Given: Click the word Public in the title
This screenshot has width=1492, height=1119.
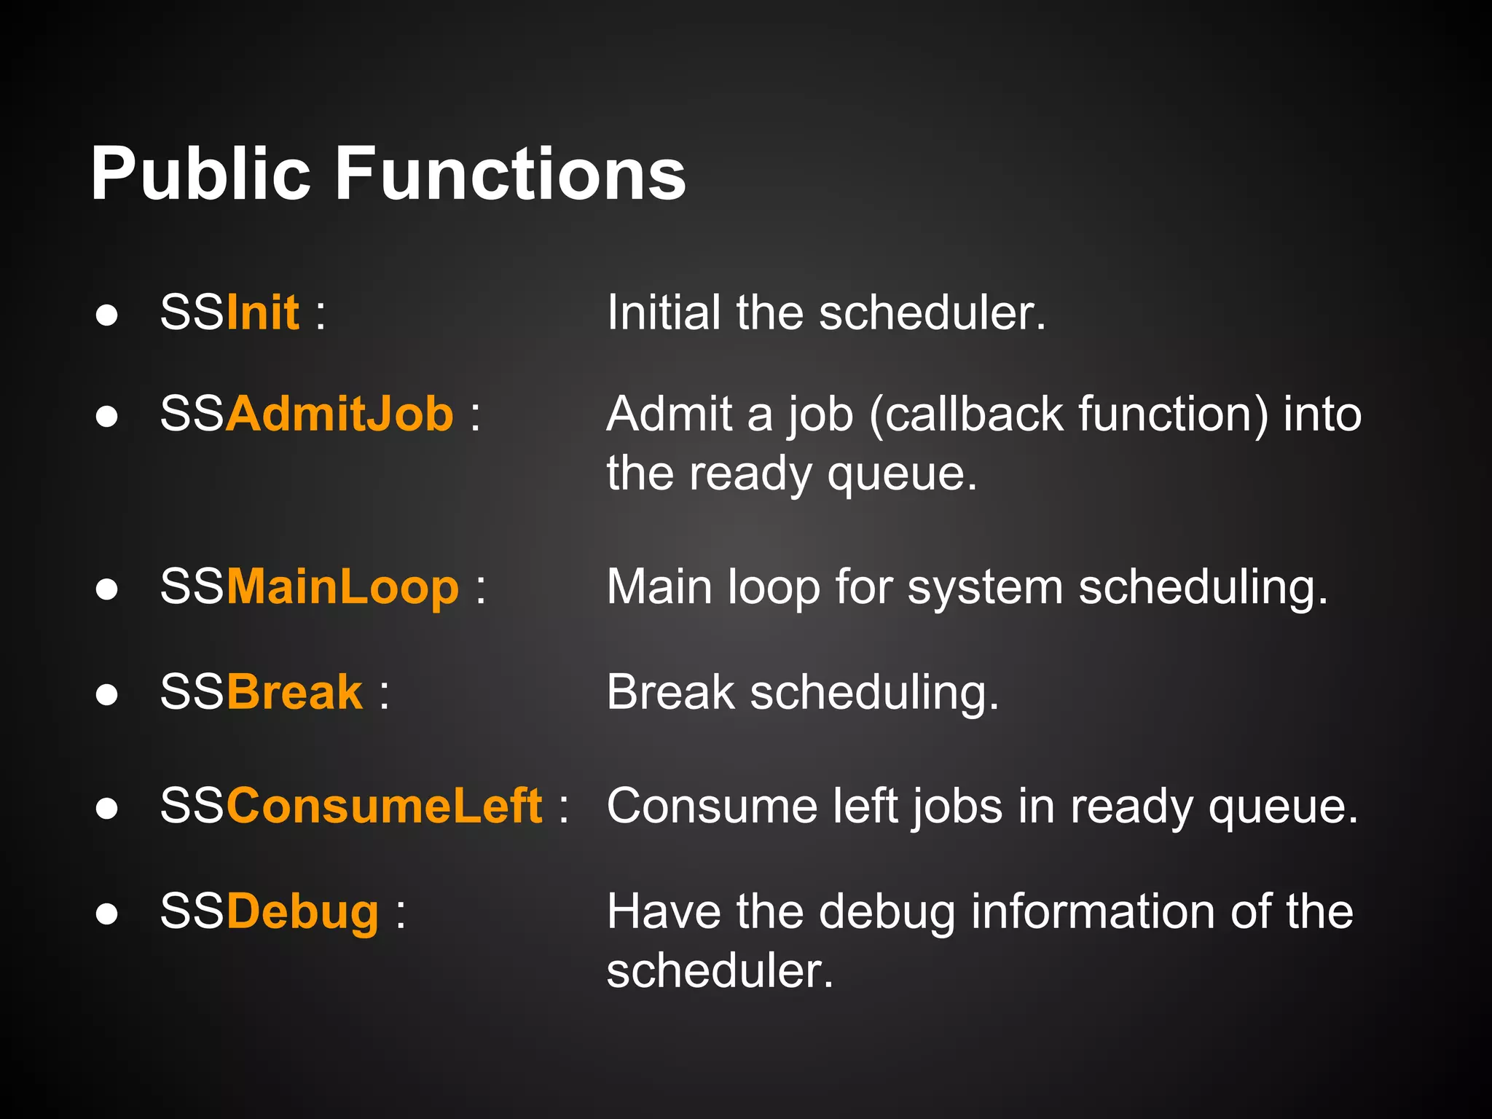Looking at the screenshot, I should point(200,175).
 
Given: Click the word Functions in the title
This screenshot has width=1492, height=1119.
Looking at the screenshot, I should point(510,175).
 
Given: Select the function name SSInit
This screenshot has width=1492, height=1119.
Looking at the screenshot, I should point(229,313).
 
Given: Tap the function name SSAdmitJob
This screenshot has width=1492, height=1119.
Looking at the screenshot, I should point(306,415).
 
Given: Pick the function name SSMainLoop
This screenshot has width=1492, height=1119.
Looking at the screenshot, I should point(310,587).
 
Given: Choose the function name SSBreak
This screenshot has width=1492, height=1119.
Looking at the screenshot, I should point(261,692).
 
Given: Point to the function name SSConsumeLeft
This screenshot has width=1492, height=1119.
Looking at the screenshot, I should point(351,806).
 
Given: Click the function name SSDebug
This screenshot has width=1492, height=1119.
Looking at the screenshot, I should point(270,912).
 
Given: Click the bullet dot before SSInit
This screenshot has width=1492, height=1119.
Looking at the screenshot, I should point(107,315).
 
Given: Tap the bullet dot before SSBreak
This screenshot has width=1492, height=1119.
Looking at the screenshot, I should point(107,694).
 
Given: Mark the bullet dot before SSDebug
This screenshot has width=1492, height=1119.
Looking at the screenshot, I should point(107,914).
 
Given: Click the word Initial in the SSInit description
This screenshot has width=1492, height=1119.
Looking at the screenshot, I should point(664,313).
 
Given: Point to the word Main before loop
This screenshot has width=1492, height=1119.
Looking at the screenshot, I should point(660,587).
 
